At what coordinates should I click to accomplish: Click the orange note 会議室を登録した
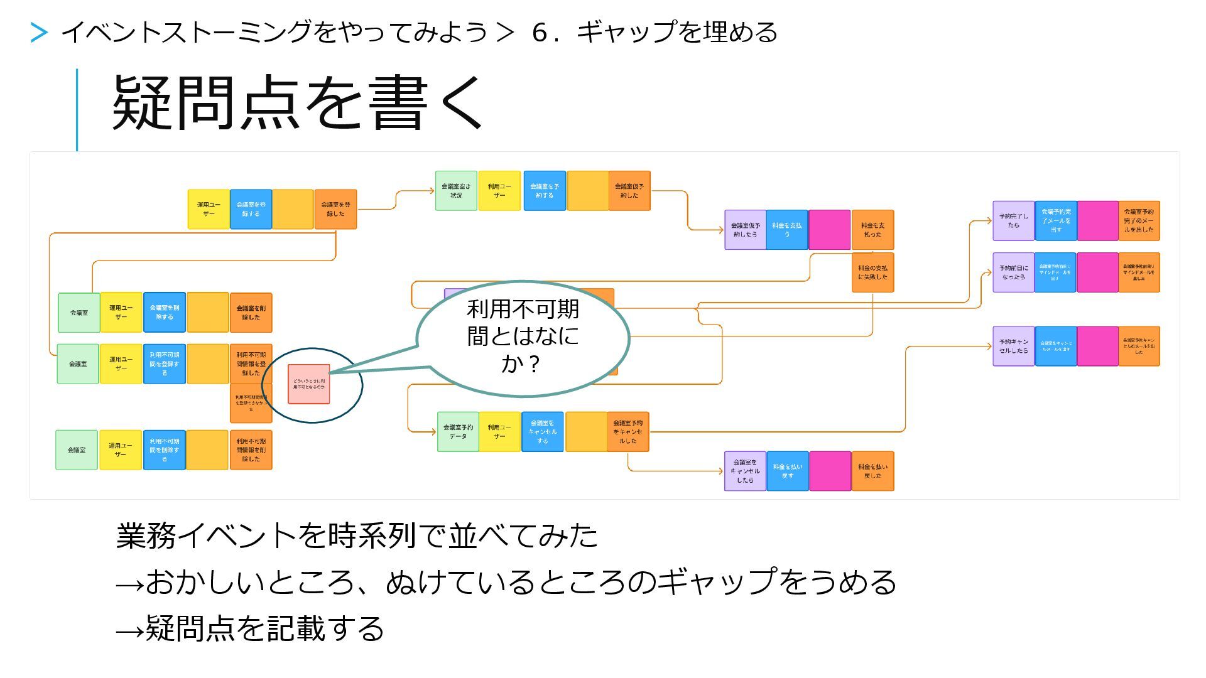tap(335, 209)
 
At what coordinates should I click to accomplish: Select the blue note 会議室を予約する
tap(544, 191)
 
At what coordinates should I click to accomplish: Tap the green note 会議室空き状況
tap(456, 191)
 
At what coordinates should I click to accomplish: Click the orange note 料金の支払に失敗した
tap(872, 272)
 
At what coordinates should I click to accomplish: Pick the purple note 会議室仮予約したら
tap(746, 230)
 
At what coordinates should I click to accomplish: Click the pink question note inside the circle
tap(309, 384)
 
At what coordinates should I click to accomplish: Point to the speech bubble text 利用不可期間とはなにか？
tap(523, 336)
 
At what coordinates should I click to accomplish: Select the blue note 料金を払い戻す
tap(787, 471)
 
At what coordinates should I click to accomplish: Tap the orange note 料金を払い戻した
tap(872, 471)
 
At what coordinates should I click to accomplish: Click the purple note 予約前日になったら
tap(1013, 272)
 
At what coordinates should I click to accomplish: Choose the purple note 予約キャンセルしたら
tap(1013, 346)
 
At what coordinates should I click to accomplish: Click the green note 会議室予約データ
tap(458, 431)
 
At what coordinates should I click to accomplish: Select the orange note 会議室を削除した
tap(251, 313)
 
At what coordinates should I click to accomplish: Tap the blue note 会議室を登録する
tap(251, 209)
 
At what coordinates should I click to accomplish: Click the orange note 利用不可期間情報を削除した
tap(251, 450)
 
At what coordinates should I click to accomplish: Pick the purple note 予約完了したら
tap(1013, 220)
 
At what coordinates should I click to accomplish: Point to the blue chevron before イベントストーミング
tap(39, 33)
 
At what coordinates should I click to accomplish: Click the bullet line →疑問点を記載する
tap(250, 628)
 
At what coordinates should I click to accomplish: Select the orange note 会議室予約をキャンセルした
tap(627, 431)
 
